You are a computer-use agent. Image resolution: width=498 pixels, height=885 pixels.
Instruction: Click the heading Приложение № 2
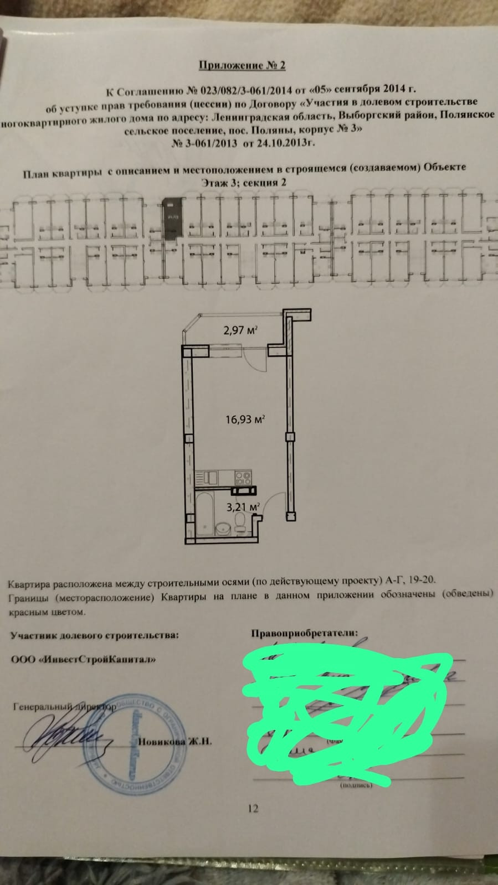242,66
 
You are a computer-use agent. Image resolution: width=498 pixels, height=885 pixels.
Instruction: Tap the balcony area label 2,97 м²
242,330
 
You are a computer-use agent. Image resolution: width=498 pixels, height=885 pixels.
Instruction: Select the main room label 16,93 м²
245,420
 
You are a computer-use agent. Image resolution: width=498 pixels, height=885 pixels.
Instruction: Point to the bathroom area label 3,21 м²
243,506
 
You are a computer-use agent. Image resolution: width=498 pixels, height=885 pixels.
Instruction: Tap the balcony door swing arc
256,363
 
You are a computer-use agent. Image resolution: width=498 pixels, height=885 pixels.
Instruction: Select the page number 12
253,809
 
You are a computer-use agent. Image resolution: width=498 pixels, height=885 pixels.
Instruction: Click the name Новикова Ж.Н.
174,742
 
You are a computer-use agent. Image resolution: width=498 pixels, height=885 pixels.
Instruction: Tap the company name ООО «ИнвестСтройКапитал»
83,659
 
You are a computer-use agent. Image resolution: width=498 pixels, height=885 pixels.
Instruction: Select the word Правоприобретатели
305,633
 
